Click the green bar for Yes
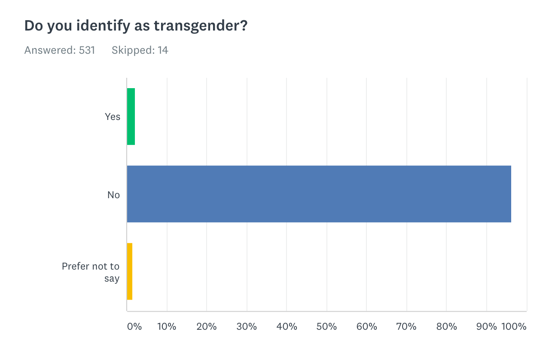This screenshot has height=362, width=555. (131, 117)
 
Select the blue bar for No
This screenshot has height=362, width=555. (319, 194)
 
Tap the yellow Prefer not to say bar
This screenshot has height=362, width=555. (129, 271)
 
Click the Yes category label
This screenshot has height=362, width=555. (113, 117)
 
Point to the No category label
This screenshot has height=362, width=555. (113, 195)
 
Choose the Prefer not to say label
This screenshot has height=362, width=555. (91, 272)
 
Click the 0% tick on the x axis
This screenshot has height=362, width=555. (134, 326)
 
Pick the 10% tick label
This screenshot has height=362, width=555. (167, 326)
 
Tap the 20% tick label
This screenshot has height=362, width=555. (207, 326)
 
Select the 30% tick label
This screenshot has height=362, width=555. (247, 326)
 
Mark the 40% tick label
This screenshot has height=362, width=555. (287, 326)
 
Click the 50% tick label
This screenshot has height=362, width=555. (326, 326)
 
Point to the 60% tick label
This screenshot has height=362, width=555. (366, 326)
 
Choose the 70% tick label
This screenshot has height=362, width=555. (406, 326)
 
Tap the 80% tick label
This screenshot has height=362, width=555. (446, 326)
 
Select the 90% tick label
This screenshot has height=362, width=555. (486, 326)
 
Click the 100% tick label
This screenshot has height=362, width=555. (514, 326)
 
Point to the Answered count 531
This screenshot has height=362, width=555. (87, 50)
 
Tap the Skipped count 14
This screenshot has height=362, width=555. (163, 50)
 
